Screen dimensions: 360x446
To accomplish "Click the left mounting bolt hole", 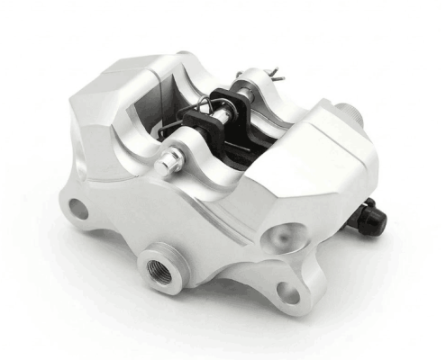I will pyautogui.click(x=78, y=210).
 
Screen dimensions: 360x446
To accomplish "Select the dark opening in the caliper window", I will pyautogui.click(x=144, y=108).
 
